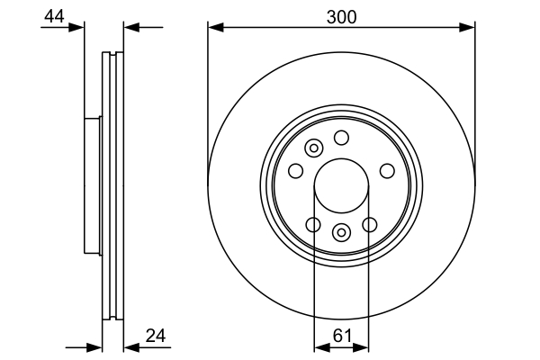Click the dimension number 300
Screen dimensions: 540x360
pos(341,16)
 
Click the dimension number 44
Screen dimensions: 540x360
pos(54,16)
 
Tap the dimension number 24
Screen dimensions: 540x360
pos(156,336)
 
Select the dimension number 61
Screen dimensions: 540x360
pos(342,336)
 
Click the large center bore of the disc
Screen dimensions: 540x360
pos(341,185)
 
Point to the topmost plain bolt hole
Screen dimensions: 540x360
pos(341,138)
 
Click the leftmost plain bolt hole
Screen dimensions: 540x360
pos(295,171)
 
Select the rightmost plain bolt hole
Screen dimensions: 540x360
pos(387,171)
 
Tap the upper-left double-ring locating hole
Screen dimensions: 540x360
pos(314,148)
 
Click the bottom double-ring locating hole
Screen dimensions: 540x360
pos(341,232)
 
